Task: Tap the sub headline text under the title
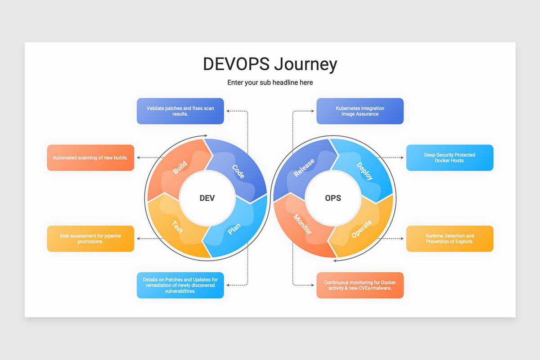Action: pyautogui.click(x=270, y=82)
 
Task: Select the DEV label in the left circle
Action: pyautogui.click(x=207, y=198)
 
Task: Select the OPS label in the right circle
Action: pyautogui.click(x=333, y=198)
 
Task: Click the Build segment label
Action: pyautogui.click(x=180, y=168)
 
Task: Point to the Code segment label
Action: pyautogui.click(x=238, y=171)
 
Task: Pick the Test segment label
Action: pyautogui.click(x=178, y=226)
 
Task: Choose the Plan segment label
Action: pyautogui.click(x=234, y=229)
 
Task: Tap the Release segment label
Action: pyautogui.click(x=304, y=168)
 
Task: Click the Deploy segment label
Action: pyautogui.click(x=364, y=171)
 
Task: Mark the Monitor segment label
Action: pyautogui.click(x=302, y=225)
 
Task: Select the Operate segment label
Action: pyautogui.click(x=362, y=229)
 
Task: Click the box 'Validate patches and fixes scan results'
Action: pyautogui.click(x=180, y=111)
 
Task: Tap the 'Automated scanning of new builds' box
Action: pyautogui.click(x=90, y=157)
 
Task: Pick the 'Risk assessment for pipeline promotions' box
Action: pyautogui.click(x=90, y=238)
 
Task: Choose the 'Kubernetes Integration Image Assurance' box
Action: pyautogui.click(x=360, y=111)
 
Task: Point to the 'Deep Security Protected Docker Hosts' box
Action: pyautogui.click(x=450, y=157)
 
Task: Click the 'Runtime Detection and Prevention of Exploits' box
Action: pyautogui.click(x=450, y=238)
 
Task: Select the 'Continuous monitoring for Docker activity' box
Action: pyautogui.click(x=360, y=285)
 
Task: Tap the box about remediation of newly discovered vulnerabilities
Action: pyautogui.click(x=180, y=285)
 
